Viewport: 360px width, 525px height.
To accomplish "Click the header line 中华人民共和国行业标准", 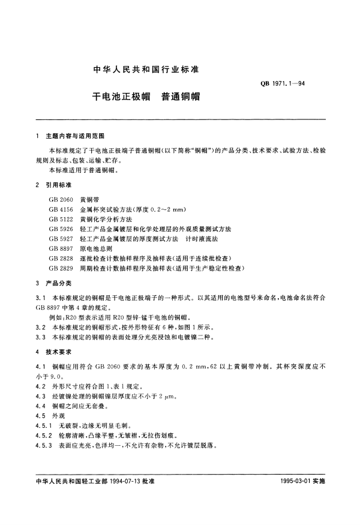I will pos(146,70).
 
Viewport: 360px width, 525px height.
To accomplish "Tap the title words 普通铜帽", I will pos(182,96).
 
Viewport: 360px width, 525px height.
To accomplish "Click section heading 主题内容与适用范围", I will pos(77,136).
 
